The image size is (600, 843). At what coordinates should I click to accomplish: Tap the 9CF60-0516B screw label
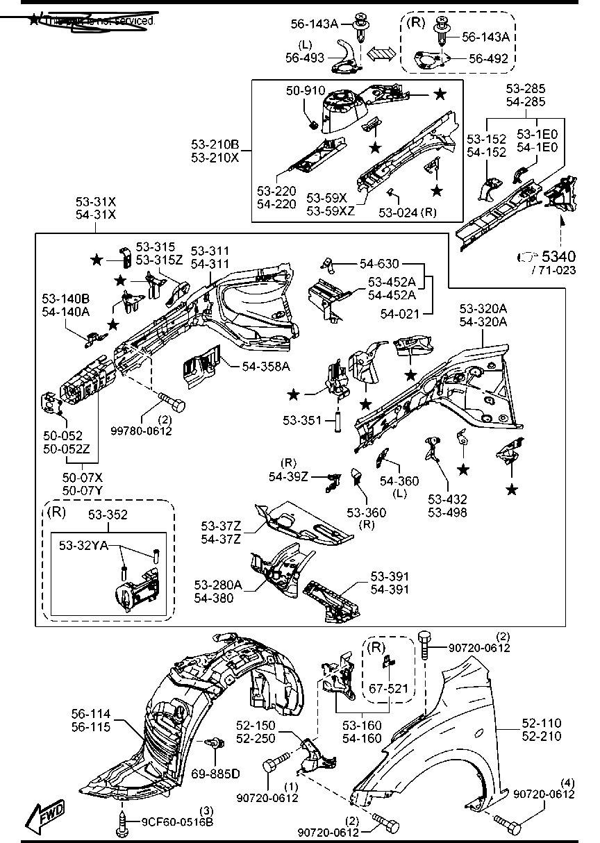tap(177, 823)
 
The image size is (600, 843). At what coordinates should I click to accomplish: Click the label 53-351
tap(301, 420)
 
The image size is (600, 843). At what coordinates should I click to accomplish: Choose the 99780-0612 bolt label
tap(141, 431)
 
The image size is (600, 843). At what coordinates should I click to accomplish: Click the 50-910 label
tap(303, 91)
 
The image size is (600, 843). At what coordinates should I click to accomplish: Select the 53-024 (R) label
tap(408, 212)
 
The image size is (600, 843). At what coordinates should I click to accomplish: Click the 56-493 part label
tap(305, 59)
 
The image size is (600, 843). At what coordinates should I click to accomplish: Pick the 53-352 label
tap(108, 515)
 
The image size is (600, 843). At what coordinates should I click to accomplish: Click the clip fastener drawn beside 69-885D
tap(215, 744)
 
